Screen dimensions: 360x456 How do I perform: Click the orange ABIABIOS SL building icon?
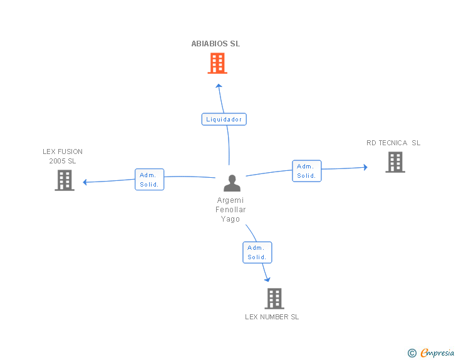pos(217,63)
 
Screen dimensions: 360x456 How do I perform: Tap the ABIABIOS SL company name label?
pos(215,44)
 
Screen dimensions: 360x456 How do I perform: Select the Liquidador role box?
pos(224,119)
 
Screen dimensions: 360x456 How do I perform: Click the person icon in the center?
pos(232,183)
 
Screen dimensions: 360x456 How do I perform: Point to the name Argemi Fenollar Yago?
pos(231,210)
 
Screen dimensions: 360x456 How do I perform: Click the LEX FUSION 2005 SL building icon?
pos(65,180)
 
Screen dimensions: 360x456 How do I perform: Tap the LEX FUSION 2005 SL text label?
pos(63,156)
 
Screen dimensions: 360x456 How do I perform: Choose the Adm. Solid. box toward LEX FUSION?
pos(150,180)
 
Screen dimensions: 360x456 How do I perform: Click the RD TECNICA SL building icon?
pos(395,162)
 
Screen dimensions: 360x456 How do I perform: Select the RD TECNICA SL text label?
pos(393,143)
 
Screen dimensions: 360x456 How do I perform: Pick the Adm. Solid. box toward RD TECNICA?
pos(306,171)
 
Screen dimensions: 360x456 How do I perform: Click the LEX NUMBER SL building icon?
pos(274,299)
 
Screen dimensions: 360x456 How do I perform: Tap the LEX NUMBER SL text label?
pos(272,317)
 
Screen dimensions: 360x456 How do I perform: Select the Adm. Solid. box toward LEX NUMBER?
pos(257,252)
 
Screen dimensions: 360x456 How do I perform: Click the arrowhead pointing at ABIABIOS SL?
pos(218,86)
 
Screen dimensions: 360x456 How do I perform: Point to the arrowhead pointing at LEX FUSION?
pos(85,182)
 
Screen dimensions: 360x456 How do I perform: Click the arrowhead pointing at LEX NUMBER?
pos(267,279)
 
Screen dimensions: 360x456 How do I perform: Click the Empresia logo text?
pos(437,352)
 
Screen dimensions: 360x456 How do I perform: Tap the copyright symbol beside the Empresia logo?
pos(412,353)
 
